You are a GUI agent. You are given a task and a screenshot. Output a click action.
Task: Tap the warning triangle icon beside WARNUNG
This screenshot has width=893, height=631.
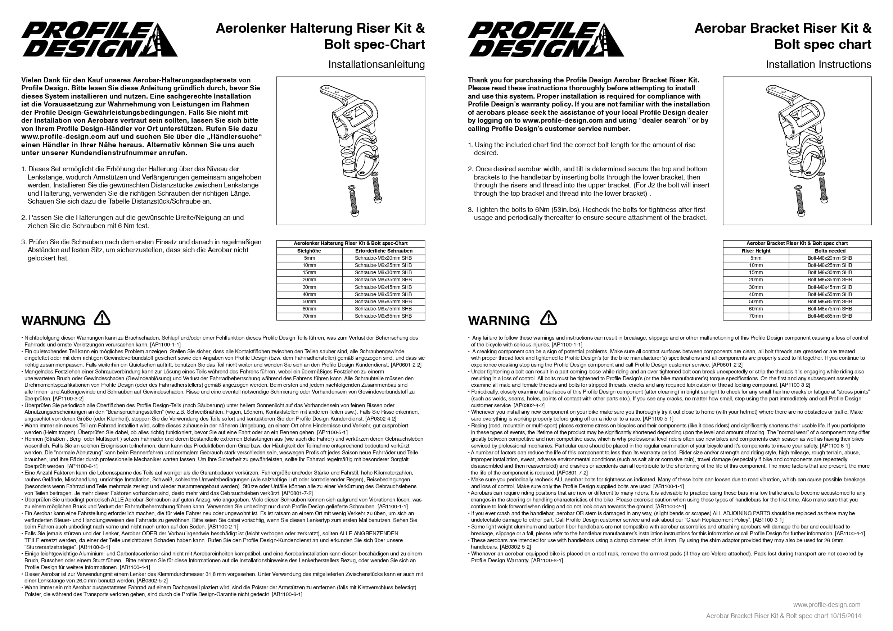click(102, 318)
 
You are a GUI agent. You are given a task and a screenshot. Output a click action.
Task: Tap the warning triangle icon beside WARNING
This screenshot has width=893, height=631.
click(549, 318)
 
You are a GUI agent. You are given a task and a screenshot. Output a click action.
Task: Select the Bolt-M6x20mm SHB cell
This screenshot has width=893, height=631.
click(830, 258)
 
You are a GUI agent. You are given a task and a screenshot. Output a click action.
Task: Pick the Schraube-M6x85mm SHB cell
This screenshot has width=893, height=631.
click(383, 316)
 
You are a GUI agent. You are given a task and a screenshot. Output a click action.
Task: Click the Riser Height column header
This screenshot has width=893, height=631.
click(756, 251)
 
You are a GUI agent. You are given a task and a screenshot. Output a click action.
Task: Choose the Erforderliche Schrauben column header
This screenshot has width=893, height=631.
click(383, 251)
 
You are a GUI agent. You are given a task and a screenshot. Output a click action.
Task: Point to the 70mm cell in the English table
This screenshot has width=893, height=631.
click(756, 316)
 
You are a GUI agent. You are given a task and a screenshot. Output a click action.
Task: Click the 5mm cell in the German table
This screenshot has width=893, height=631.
click(310, 258)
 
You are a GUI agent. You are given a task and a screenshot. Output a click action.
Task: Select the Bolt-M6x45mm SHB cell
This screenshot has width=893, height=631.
click(830, 287)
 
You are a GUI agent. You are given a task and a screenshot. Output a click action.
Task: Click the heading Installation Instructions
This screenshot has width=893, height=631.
click(818, 64)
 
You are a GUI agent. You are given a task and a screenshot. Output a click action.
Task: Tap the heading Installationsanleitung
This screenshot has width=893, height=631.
click(376, 64)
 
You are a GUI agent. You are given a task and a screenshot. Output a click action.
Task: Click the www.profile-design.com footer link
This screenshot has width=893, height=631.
click(826, 605)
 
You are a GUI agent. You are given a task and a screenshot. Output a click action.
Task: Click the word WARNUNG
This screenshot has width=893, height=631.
click(53, 321)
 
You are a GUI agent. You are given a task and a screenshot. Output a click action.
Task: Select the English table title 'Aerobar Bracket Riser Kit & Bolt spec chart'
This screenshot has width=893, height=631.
click(797, 244)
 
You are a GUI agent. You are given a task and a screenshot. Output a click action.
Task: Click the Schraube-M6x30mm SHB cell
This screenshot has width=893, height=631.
click(383, 273)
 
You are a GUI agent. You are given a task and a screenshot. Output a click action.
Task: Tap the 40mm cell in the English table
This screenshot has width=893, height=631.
click(756, 294)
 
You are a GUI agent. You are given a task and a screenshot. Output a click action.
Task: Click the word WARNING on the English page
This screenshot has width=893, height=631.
click(499, 321)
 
